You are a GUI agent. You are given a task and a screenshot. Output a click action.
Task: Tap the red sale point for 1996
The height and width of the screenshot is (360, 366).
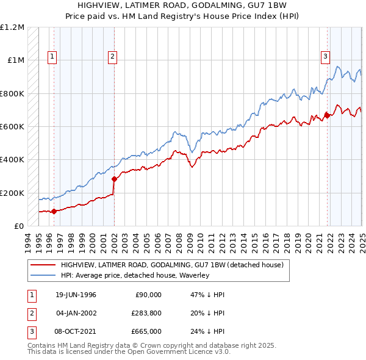pos(54,212)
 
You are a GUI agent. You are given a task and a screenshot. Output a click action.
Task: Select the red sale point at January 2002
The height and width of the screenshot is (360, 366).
pos(114,179)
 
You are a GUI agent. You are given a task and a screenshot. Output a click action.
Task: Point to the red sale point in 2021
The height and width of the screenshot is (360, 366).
pos(327,115)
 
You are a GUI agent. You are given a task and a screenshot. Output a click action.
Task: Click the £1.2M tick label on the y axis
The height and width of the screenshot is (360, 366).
pos(13,27)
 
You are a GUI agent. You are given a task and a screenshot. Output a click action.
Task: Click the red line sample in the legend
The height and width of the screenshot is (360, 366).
pos(42,265)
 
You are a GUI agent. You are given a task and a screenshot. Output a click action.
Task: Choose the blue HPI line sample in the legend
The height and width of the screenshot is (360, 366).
pos(42,276)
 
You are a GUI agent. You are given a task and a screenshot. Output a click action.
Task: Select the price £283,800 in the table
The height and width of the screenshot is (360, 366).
pos(146,313)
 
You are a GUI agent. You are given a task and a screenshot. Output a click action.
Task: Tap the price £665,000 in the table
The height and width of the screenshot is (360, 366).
pos(146,331)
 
